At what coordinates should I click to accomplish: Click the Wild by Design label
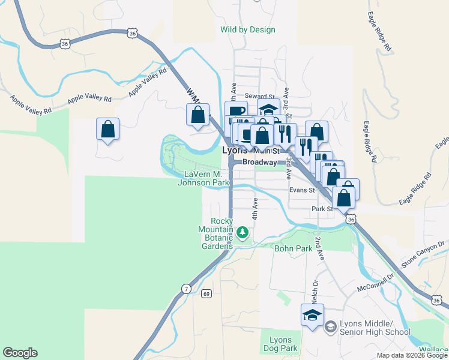click(247, 29)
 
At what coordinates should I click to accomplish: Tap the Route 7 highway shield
click(186, 290)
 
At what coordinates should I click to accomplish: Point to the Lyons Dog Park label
click(280, 344)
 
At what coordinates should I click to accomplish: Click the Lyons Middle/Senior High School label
click(375, 327)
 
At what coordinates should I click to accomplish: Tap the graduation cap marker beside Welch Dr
click(312, 315)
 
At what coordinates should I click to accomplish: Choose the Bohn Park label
click(293, 248)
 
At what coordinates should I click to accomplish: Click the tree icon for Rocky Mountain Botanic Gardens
click(243, 232)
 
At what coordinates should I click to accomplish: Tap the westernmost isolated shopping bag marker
click(107, 128)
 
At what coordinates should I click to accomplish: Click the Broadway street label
click(260, 162)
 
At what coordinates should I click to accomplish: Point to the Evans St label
click(302, 190)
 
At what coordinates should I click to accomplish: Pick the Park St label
click(322, 209)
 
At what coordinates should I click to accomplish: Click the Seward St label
click(259, 96)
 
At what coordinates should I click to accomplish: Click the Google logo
click(20, 353)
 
